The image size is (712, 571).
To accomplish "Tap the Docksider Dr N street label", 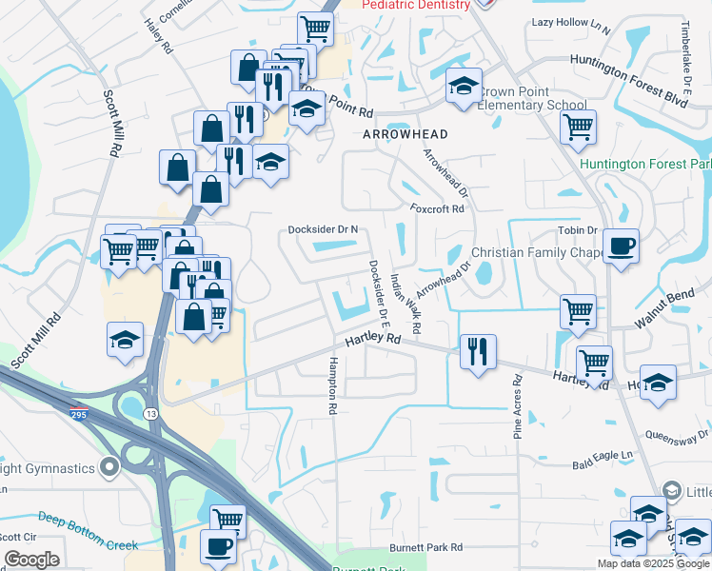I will point(323,229).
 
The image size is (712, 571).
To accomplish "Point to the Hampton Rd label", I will point(333,384).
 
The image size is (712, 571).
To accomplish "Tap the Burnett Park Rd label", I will point(425,548).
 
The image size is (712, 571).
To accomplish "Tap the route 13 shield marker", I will point(150,414).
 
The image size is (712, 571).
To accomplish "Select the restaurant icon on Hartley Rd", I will point(476,350).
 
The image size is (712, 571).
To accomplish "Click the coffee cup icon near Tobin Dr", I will point(621,246).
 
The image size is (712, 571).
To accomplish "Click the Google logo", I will point(31,559).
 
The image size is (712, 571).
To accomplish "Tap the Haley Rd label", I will point(158,35).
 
